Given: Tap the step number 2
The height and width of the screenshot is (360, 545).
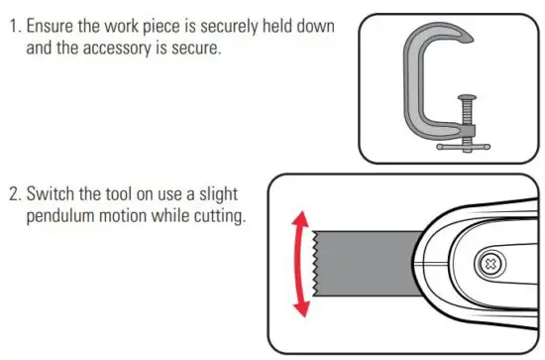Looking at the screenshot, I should coord(15,192).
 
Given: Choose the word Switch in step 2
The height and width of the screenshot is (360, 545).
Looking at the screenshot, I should coord(58,192).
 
